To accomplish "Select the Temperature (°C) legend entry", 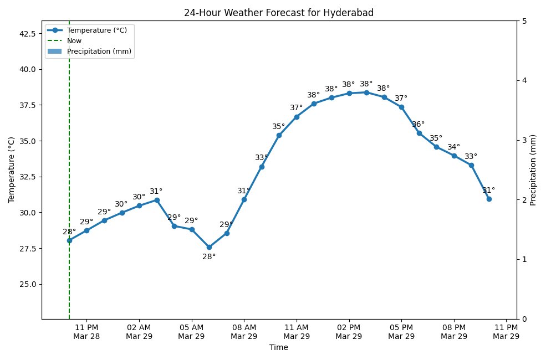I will [97, 30].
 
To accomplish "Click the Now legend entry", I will [74, 40].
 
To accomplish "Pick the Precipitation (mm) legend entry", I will [98, 52].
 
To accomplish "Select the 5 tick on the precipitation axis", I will [524, 21].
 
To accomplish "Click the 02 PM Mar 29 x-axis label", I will [349, 332].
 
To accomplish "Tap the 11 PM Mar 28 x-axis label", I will [86, 332].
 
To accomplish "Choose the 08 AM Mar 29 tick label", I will [244, 332].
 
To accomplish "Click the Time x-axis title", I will [279, 348].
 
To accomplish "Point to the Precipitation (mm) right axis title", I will [533, 169].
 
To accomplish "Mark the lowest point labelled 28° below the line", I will [209, 247].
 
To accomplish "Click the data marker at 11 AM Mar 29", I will [297, 117].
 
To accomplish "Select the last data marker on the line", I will [489, 199].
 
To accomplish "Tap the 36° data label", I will [418, 125].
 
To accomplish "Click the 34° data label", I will [453, 147].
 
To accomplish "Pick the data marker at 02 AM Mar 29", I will [139, 205].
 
